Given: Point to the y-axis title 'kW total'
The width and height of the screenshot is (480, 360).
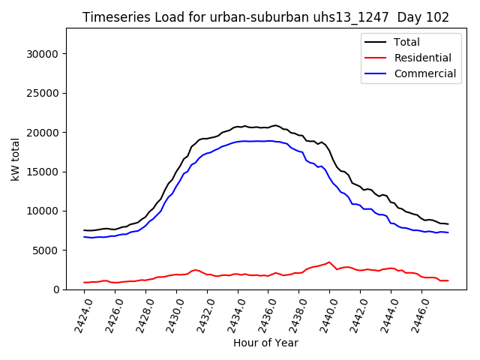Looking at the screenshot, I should [x=15, y=158].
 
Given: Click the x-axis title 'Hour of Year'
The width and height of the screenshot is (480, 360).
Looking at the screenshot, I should [x=265, y=343].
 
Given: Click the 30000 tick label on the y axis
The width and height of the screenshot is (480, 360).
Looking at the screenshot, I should [x=43, y=54].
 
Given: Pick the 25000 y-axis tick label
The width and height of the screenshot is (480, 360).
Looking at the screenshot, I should [x=43, y=93].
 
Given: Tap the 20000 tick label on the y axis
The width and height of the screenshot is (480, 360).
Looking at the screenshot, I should [x=43, y=133].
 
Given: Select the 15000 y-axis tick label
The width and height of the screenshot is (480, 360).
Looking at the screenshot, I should [x=43, y=172].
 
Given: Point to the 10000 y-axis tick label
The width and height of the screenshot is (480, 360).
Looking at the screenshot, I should [x=43, y=211].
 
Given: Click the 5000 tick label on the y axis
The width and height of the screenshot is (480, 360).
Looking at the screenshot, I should [x=46, y=250].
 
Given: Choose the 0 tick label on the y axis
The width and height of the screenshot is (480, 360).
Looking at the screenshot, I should [x=56, y=289].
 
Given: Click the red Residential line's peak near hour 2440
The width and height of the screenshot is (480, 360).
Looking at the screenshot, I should [x=329, y=262].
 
